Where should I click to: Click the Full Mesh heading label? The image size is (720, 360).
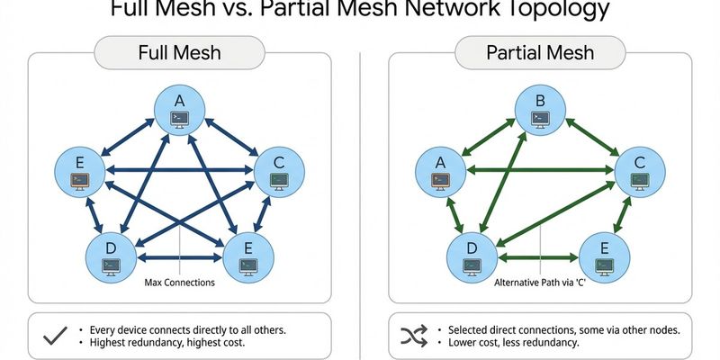pyautogui.click(x=180, y=53)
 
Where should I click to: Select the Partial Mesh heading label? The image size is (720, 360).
pyautogui.click(x=540, y=53)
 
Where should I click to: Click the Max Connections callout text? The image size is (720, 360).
pyautogui.click(x=179, y=283)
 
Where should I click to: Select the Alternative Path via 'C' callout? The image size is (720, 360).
pyautogui.click(x=540, y=283)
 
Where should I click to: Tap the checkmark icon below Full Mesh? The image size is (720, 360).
pyautogui.click(x=55, y=337)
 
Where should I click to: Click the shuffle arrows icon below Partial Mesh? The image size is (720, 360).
pyautogui.click(x=413, y=337)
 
